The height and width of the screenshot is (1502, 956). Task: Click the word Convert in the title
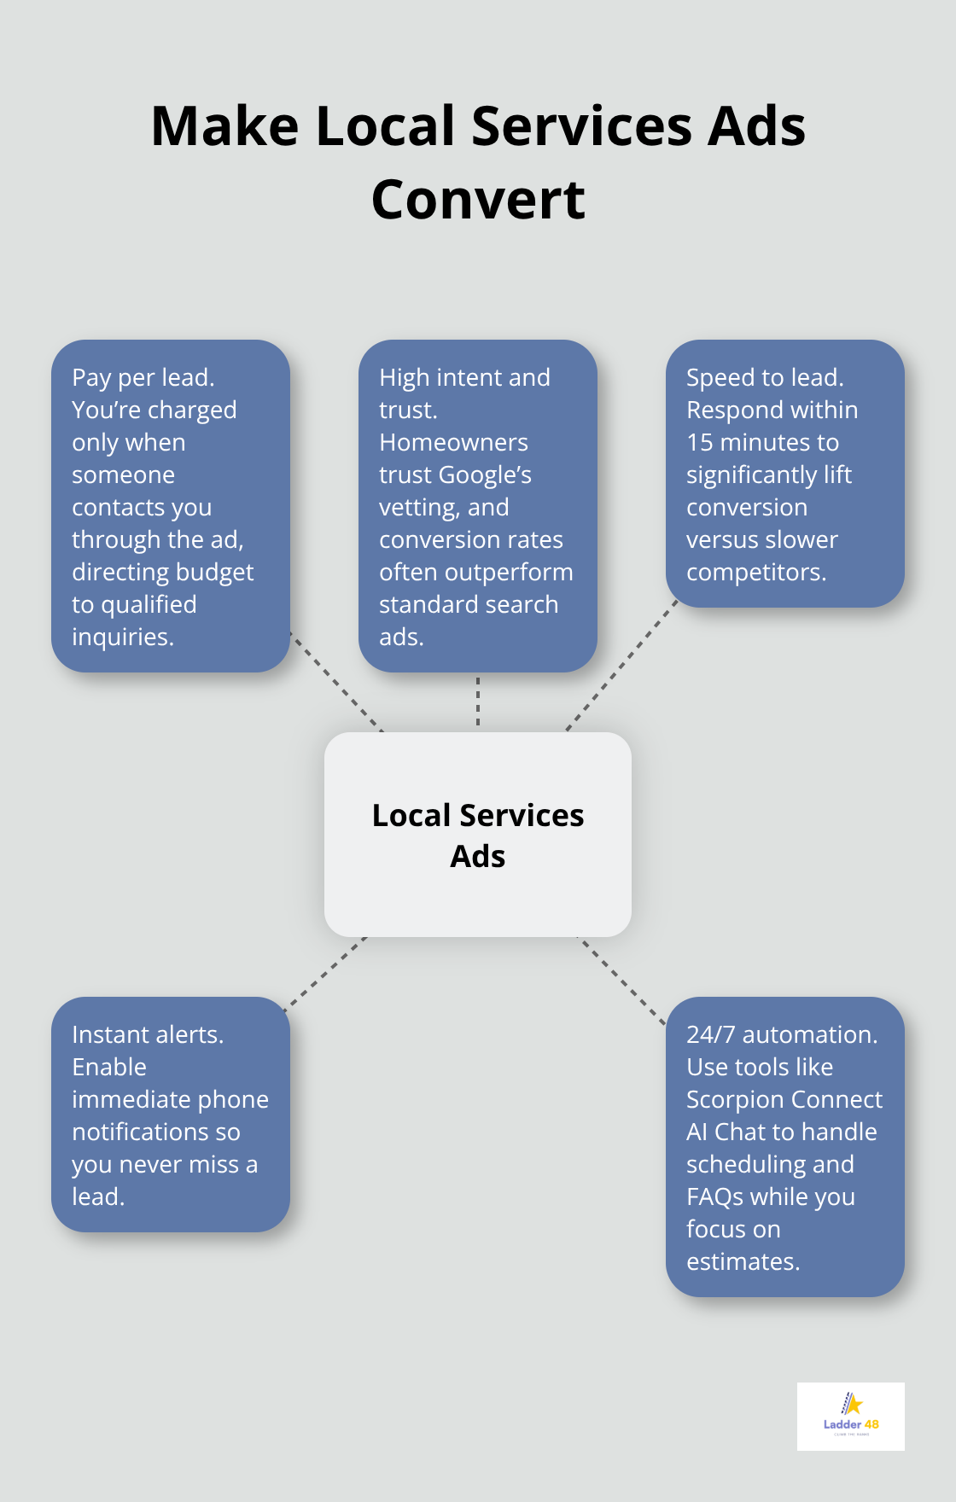(x=478, y=200)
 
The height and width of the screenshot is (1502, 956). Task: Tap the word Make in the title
(x=224, y=126)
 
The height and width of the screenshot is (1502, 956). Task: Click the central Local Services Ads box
(x=478, y=835)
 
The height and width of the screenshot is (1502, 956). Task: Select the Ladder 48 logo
(x=850, y=1416)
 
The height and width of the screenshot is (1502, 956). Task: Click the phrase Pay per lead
(x=143, y=377)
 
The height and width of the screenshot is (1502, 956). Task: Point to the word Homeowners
(x=453, y=442)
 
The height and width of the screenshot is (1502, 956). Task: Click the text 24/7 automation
(x=781, y=1034)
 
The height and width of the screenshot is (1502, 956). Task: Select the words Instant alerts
(x=147, y=1034)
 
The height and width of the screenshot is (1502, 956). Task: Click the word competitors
(x=755, y=572)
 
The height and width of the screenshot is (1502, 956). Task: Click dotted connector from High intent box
(x=478, y=702)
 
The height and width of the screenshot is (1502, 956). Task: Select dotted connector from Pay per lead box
(x=336, y=682)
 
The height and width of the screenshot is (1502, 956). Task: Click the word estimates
(x=743, y=1261)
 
